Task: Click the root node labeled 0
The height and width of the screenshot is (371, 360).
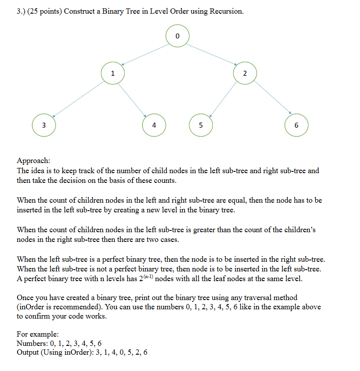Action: click(x=177, y=36)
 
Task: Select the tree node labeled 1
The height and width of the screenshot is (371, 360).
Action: click(x=112, y=73)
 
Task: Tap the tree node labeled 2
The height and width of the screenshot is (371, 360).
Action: click(x=245, y=73)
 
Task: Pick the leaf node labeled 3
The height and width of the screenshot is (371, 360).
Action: click(x=44, y=125)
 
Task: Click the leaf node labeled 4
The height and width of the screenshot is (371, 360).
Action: click(x=153, y=125)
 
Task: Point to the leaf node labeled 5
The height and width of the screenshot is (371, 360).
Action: click(x=200, y=125)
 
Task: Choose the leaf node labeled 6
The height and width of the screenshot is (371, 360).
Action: click(x=296, y=125)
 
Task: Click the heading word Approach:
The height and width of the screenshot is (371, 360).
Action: click(x=33, y=161)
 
